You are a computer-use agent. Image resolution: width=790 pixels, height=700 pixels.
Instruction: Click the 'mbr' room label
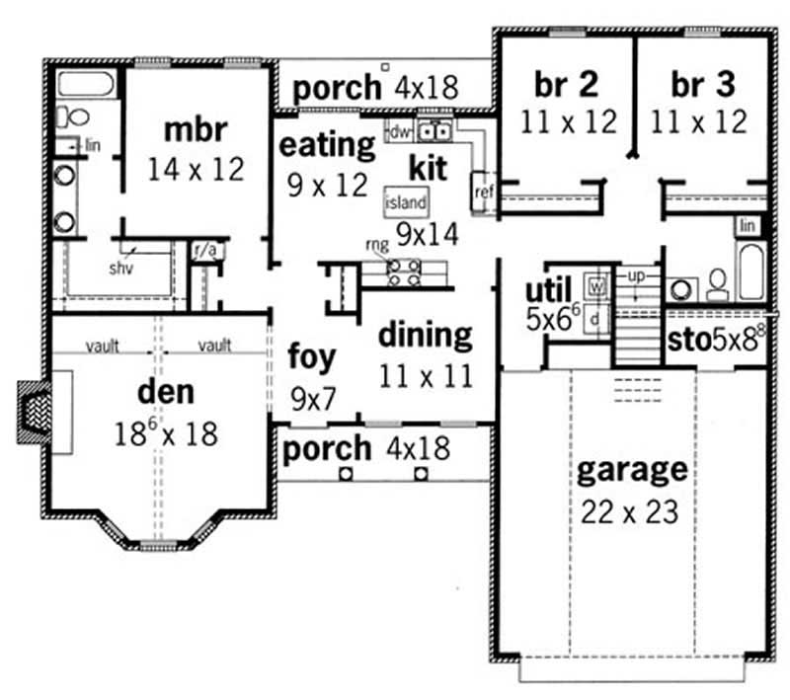[x=196, y=129]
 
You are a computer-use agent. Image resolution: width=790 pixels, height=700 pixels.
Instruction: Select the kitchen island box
[x=406, y=202]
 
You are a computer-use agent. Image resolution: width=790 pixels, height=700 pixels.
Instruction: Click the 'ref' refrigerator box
[x=483, y=190]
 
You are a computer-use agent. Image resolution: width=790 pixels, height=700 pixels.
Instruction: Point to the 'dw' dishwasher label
[x=399, y=129]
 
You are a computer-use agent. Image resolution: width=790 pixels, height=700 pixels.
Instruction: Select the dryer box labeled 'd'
[x=595, y=320]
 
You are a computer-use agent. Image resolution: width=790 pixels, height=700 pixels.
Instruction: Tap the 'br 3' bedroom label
[x=704, y=85]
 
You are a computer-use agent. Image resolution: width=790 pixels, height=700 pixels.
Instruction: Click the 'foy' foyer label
[x=312, y=356]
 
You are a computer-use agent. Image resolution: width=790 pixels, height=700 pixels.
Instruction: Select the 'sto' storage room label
[x=683, y=341]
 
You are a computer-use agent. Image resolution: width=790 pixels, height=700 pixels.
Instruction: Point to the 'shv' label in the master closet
[x=122, y=266]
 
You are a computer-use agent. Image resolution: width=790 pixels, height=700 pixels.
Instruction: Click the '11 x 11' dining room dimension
[x=425, y=375]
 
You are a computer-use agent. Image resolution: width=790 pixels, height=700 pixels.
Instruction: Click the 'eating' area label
[x=327, y=146]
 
